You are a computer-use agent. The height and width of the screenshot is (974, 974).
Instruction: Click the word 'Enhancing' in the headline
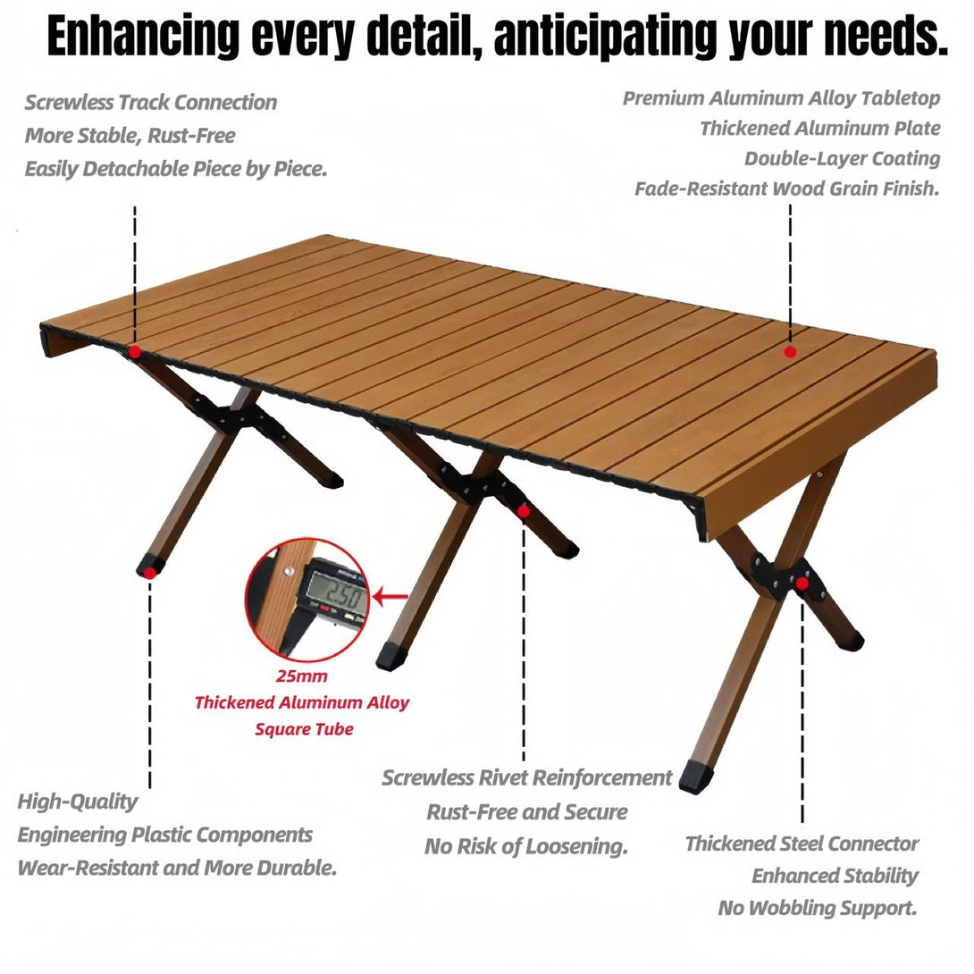[x=144, y=36]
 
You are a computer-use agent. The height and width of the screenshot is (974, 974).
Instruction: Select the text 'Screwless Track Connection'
[x=151, y=103]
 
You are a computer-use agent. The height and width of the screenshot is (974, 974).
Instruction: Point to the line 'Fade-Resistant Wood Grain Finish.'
[x=787, y=189]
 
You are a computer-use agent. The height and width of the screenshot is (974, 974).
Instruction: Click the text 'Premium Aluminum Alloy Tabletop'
[x=782, y=98]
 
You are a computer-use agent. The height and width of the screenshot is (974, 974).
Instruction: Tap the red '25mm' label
[x=301, y=676]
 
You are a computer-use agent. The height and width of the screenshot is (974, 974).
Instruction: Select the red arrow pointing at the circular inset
[x=390, y=598]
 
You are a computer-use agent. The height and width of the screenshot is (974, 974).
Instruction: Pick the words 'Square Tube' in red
[x=304, y=728]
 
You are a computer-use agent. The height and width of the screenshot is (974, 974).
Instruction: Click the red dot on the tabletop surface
[x=790, y=351]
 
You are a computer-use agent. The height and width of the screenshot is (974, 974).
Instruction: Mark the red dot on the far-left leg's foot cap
[x=150, y=573]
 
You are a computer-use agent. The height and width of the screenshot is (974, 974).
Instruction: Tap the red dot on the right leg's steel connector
[x=802, y=584]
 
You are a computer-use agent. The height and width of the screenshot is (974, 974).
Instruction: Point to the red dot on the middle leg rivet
[x=524, y=511]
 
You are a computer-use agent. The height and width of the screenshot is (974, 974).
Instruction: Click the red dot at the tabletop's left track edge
[x=135, y=352]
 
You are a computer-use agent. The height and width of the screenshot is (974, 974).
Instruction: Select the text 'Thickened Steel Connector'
[x=802, y=844]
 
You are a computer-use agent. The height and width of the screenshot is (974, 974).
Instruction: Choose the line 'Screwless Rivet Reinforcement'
[x=526, y=777]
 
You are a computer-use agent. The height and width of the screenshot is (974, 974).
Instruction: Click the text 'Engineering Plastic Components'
[x=164, y=835]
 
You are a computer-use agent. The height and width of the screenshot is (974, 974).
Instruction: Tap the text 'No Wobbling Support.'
[x=818, y=908]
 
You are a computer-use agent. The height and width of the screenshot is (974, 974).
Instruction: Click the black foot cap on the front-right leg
[x=696, y=777]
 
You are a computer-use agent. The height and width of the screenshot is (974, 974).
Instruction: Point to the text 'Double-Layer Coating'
[x=843, y=158]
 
